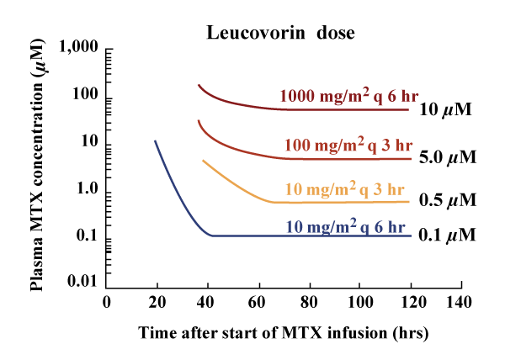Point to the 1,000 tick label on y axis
pyautogui.click(x=77, y=50)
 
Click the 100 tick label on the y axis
pyautogui.click(x=85, y=97)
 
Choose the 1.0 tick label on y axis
pyautogui.click(x=85, y=188)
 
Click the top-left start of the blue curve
pyautogui.click(x=155, y=140)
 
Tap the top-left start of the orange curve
pyautogui.click(x=203, y=160)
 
